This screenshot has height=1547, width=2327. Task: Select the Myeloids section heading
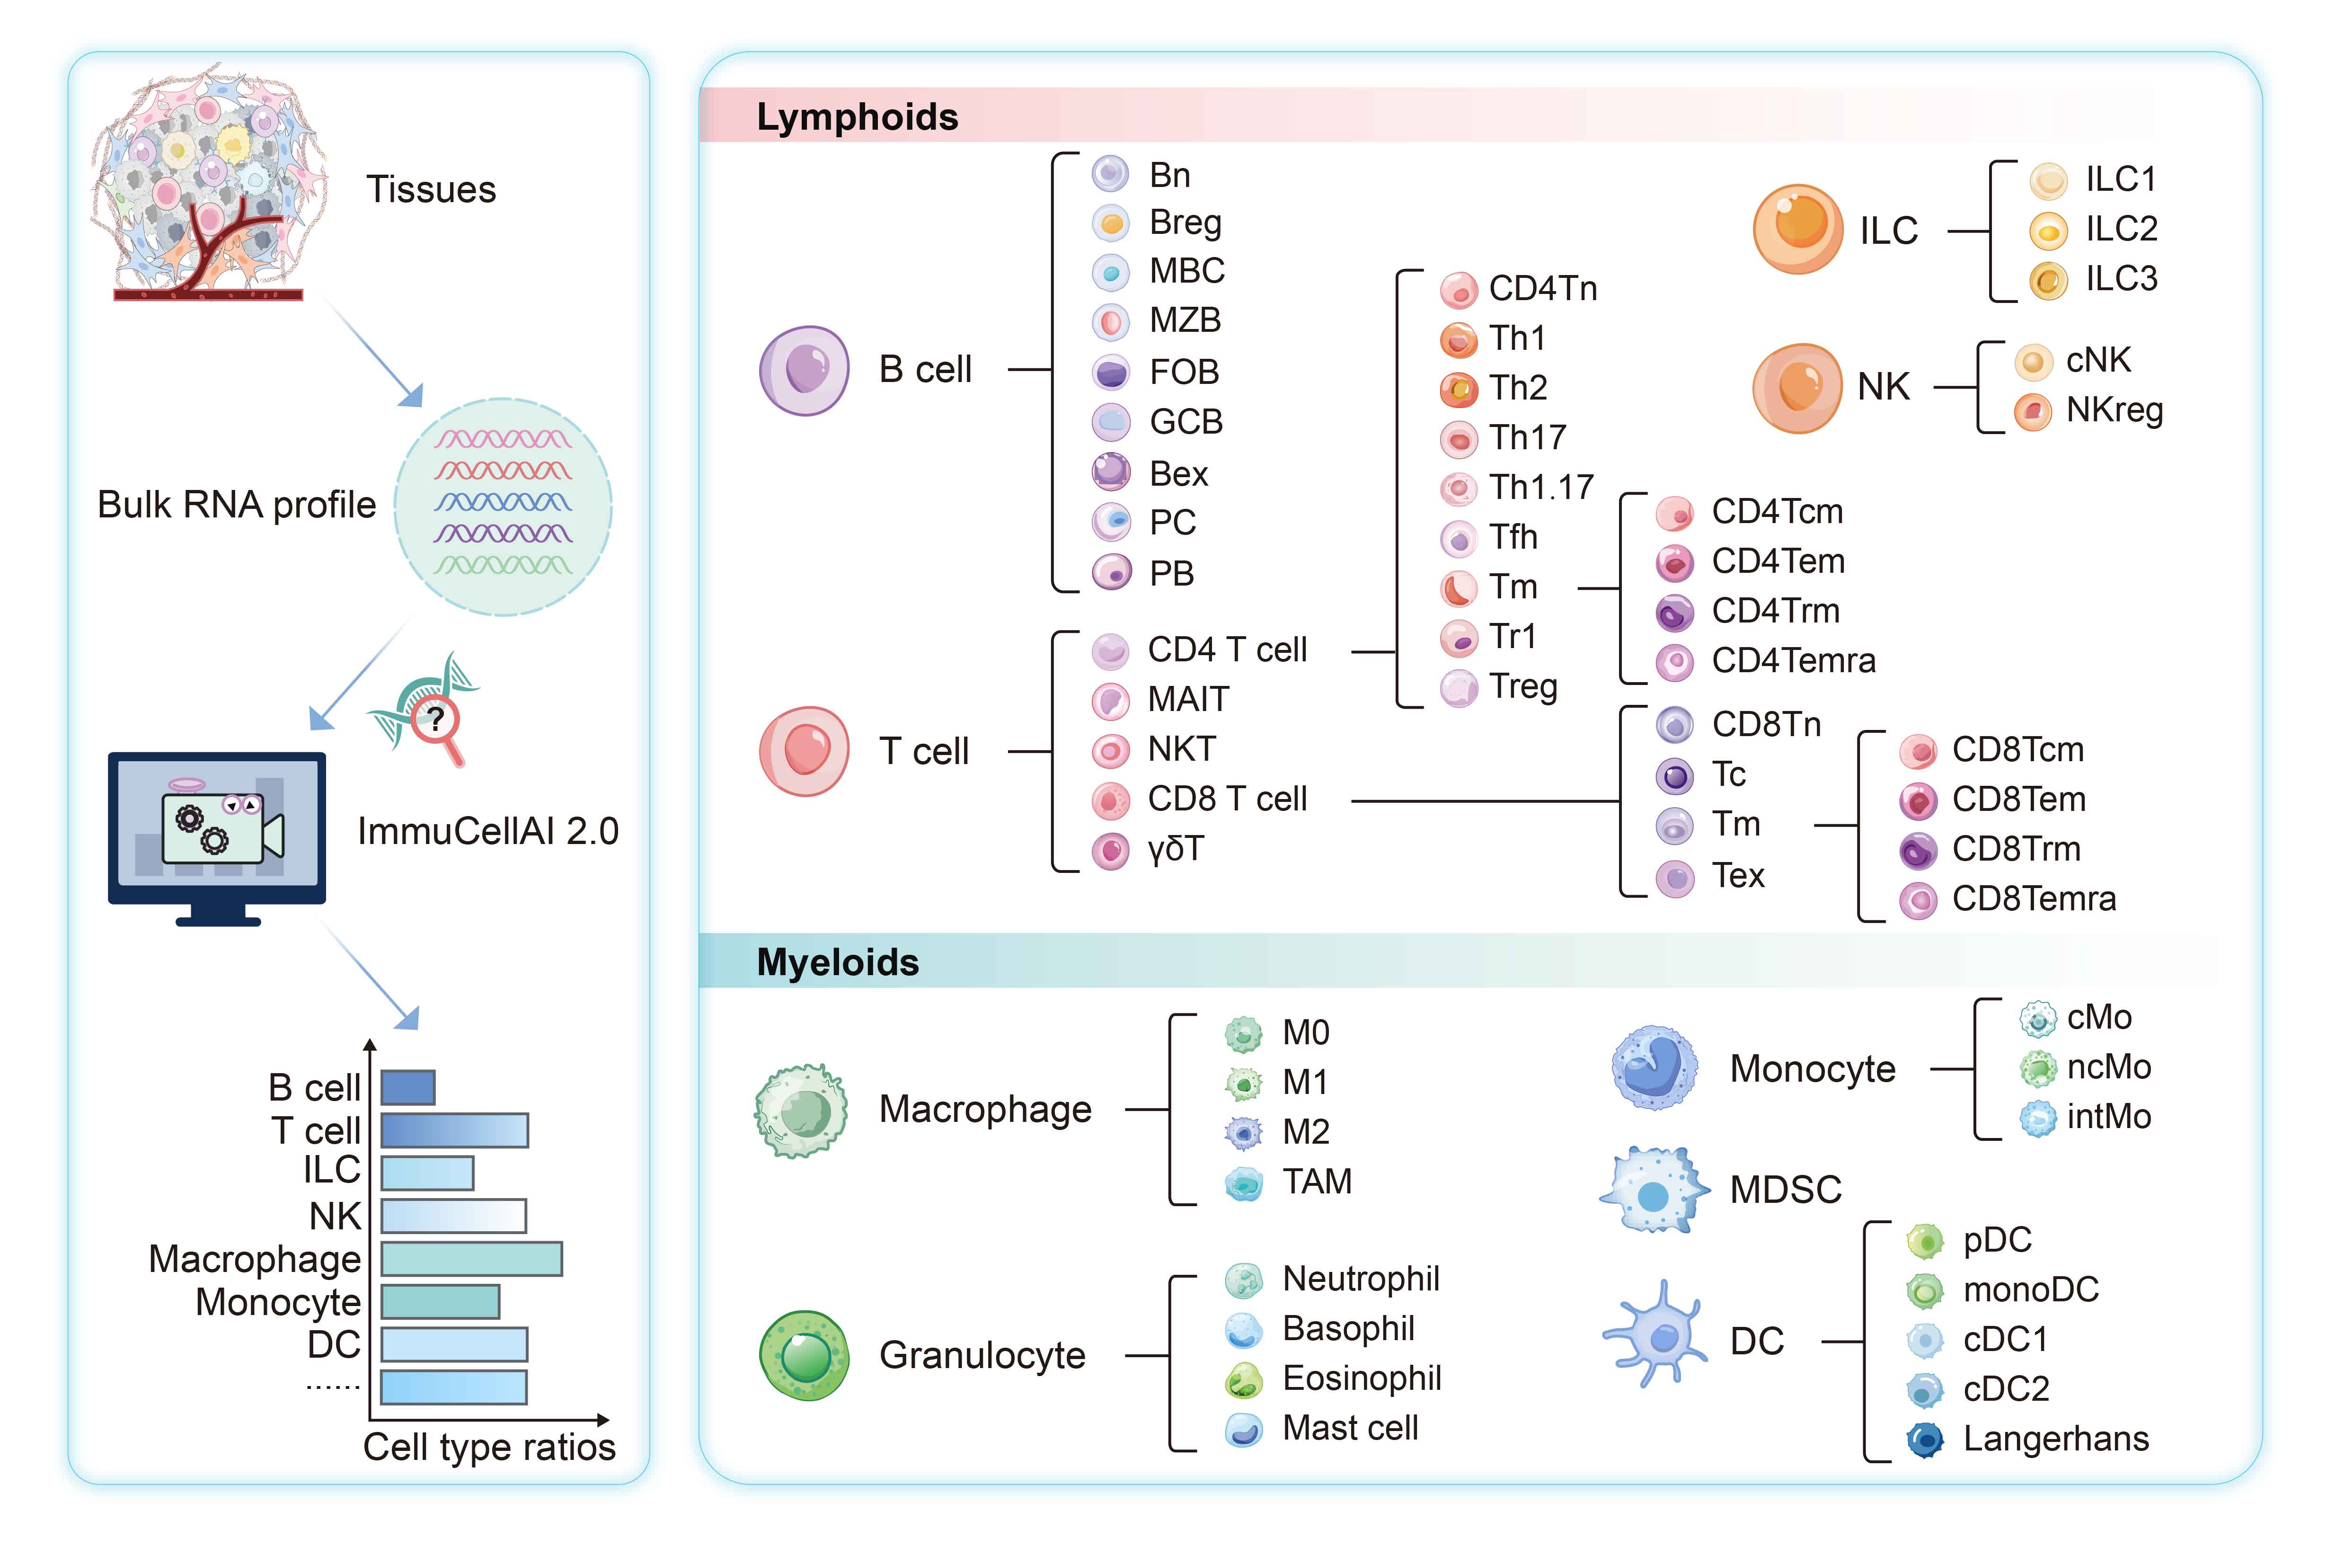(x=838, y=962)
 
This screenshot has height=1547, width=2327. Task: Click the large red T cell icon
(x=804, y=751)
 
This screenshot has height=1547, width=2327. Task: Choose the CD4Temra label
(x=1793, y=660)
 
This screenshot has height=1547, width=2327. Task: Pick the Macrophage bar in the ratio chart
(x=471, y=1259)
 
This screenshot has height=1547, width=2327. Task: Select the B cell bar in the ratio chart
(x=407, y=1087)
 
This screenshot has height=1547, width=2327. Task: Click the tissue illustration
(x=209, y=183)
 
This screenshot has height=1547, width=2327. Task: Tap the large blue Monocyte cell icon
(x=1654, y=1067)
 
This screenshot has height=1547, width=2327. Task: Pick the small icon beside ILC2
(x=2048, y=231)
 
